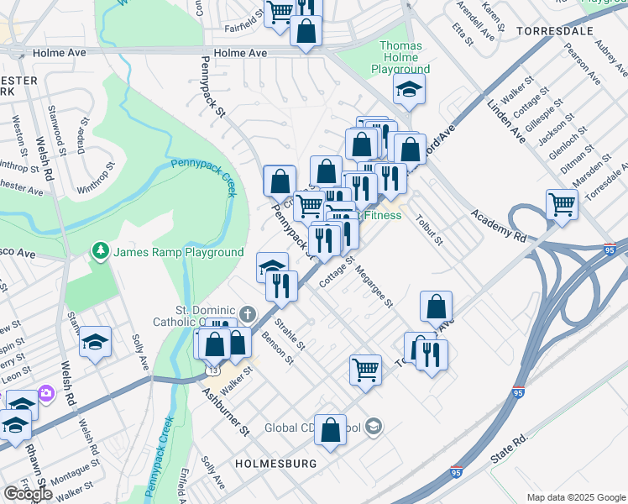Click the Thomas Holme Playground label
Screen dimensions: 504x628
point(405,57)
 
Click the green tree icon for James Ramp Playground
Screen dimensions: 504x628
point(101,251)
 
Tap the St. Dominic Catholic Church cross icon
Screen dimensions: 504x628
point(247,314)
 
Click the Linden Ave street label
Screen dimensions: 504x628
point(506,121)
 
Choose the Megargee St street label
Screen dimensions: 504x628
point(374,287)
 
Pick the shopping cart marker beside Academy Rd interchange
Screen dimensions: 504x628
point(562,203)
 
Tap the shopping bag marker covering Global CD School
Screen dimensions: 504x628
point(331,429)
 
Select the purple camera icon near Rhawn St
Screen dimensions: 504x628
point(45,392)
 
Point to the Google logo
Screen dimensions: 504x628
point(29,493)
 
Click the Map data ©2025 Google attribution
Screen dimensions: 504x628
point(576,497)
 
